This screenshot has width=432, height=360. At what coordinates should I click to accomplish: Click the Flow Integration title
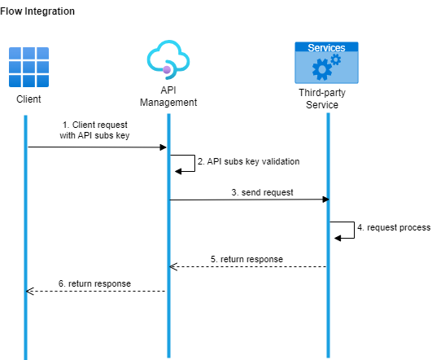point(37,11)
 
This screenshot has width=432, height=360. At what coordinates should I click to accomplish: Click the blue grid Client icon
point(28,67)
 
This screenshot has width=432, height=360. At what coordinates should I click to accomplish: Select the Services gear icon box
point(325,64)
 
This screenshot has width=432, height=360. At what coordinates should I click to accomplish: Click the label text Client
point(28,100)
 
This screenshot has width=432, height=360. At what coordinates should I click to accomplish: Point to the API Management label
point(168,96)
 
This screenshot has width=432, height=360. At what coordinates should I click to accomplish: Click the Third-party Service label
point(325,99)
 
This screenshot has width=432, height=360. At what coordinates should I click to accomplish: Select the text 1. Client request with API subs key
point(94,130)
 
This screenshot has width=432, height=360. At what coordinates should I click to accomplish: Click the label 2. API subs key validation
point(249,161)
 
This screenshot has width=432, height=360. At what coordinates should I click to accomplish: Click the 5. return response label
point(247,259)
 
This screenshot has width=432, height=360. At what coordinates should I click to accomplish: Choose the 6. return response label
point(94,283)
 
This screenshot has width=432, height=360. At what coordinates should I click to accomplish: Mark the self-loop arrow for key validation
point(187,163)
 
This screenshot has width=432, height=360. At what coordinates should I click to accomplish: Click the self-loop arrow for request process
point(347,230)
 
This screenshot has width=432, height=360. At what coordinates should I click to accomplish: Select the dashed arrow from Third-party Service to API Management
point(248,266)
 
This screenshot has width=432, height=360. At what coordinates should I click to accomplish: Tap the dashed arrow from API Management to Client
point(96,291)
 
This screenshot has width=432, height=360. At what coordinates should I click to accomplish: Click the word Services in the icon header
point(325,48)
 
